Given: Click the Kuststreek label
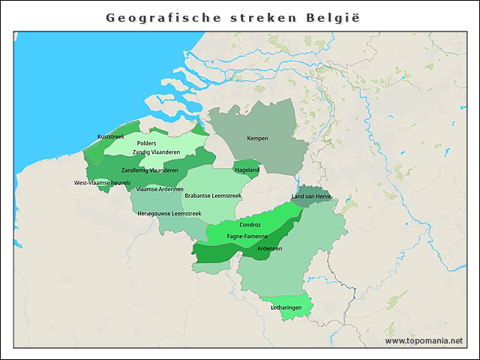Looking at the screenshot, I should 110,136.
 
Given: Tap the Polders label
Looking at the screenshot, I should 147,142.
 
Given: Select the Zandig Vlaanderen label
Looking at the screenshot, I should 156,152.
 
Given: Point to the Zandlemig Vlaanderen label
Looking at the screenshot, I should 150,170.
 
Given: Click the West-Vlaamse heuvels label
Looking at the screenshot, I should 102,183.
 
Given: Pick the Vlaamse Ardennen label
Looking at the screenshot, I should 160,189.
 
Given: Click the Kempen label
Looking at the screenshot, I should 257,138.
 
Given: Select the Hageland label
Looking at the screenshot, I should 247,170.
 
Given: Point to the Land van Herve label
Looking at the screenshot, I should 311,196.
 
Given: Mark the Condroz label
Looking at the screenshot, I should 250,224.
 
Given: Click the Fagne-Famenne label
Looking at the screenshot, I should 247,236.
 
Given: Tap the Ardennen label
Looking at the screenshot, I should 269,248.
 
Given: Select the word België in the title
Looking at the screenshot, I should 335,16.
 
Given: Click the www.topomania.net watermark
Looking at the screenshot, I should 424,340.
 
